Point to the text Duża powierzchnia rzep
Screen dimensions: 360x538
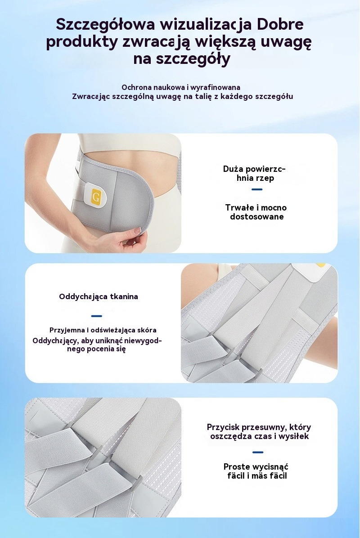(x=254, y=173)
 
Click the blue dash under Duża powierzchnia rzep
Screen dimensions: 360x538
(x=257, y=189)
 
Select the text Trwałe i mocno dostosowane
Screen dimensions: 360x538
(x=256, y=212)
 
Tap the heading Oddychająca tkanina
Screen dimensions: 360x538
(x=99, y=297)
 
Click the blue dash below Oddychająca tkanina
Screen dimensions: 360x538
(x=97, y=316)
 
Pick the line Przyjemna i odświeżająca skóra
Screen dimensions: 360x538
(x=103, y=330)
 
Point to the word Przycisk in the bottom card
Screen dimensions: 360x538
(x=223, y=427)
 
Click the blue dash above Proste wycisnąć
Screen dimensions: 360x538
(x=258, y=452)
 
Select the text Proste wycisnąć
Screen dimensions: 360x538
(x=256, y=467)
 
